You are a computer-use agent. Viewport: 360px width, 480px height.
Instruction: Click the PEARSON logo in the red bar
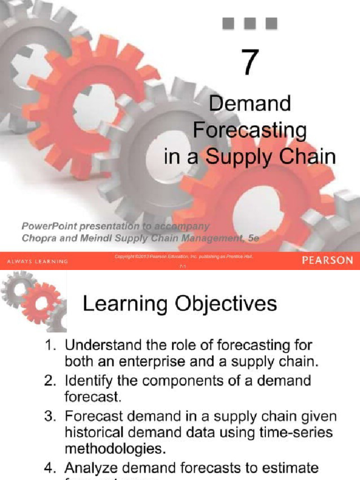point(327,261)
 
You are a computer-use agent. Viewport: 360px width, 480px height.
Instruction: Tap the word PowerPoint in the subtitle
point(50,226)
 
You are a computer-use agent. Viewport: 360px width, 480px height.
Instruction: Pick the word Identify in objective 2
point(88,381)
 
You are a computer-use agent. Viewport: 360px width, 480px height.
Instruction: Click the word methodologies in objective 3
point(115,449)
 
